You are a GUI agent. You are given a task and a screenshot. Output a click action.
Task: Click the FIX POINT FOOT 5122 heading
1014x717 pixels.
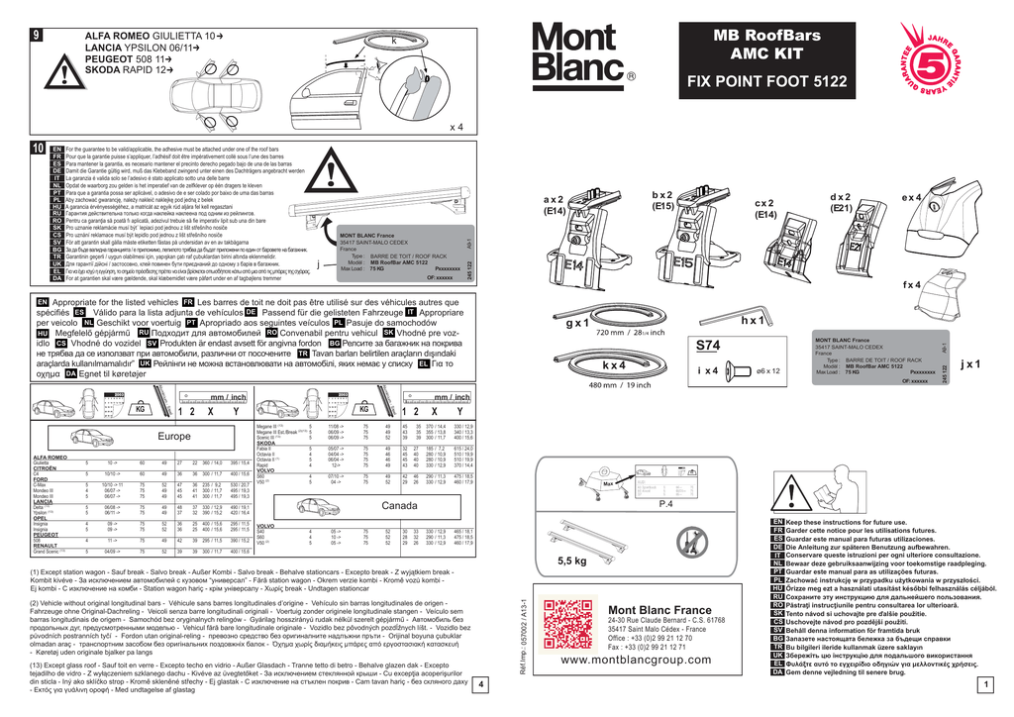[767, 84]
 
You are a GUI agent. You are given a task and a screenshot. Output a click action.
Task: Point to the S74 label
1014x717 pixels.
[708, 346]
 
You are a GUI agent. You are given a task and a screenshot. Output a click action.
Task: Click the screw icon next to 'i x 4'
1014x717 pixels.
[739, 370]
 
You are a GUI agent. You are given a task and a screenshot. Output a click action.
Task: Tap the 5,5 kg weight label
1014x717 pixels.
[573, 561]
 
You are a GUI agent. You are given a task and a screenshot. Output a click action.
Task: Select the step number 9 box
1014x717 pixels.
[37, 37]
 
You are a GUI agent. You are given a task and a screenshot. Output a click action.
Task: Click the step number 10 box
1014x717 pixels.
[37, 148]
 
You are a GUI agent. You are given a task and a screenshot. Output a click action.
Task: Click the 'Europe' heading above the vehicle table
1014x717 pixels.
[173, 436]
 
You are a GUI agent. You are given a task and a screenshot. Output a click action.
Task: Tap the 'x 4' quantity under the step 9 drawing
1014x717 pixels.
[456, 127]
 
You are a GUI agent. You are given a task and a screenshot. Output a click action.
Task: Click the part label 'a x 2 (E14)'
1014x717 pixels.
[582, 205]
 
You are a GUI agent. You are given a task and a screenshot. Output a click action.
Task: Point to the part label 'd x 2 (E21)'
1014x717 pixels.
[843, 202]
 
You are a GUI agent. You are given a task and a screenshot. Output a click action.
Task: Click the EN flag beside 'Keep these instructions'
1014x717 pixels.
[777, 521]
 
